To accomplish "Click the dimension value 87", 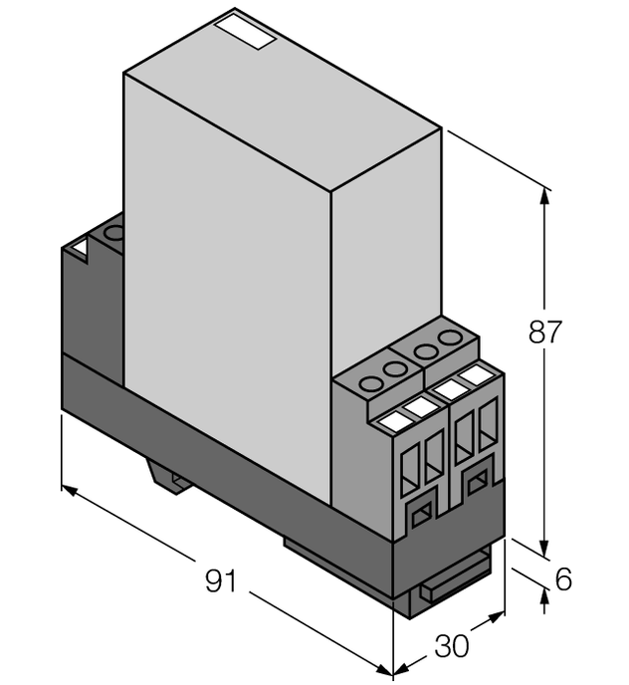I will click(545, 333).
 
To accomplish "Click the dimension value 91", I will click(220, 580).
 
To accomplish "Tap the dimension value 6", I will click(563, 578).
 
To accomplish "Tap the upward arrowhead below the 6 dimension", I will click(544, 596).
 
